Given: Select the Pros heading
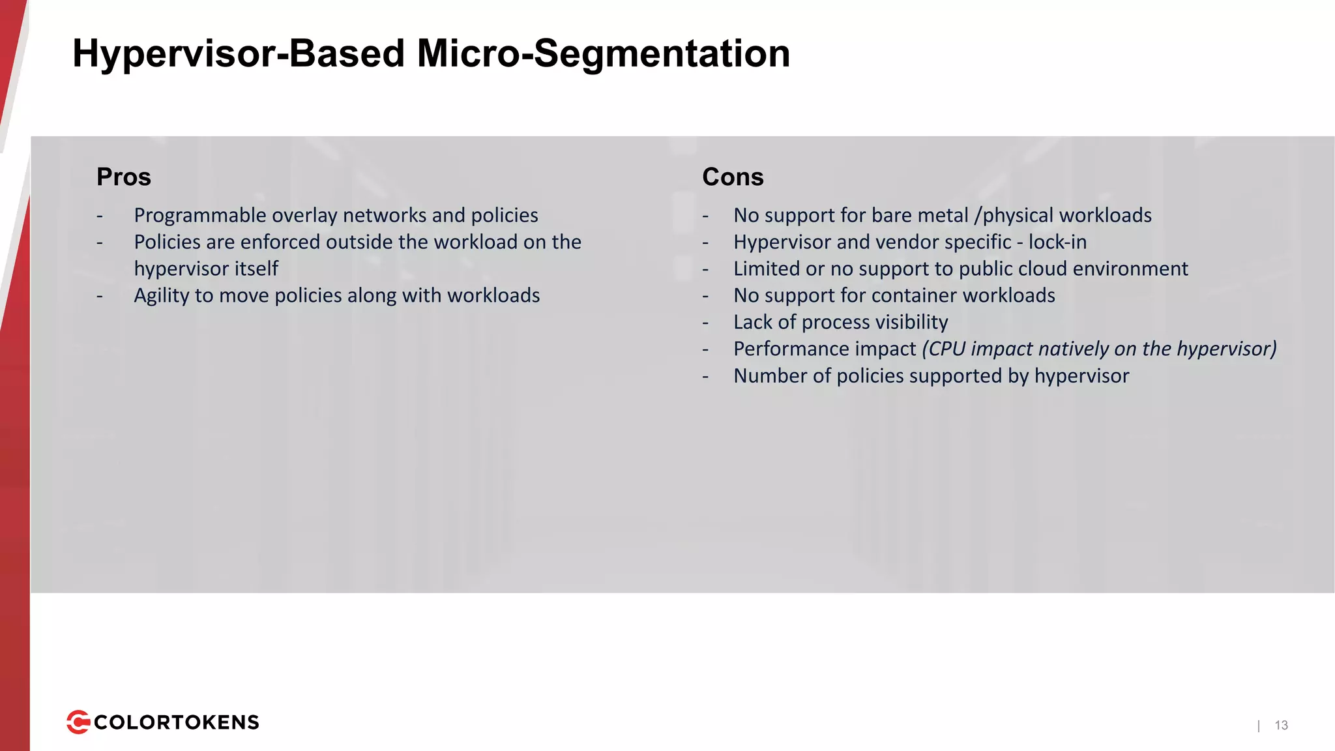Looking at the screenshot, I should tap(124, 177).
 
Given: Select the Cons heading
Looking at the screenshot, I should tap(733, 177).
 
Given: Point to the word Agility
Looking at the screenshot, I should tap(161, 296).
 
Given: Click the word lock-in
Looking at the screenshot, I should tap(1057, 242).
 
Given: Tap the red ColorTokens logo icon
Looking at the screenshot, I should tap(78, 722).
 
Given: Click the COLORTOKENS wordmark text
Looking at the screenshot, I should tap(177, 722).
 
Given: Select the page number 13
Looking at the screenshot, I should tap(1281, 725).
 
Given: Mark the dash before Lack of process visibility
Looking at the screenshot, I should tap(705, 323).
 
